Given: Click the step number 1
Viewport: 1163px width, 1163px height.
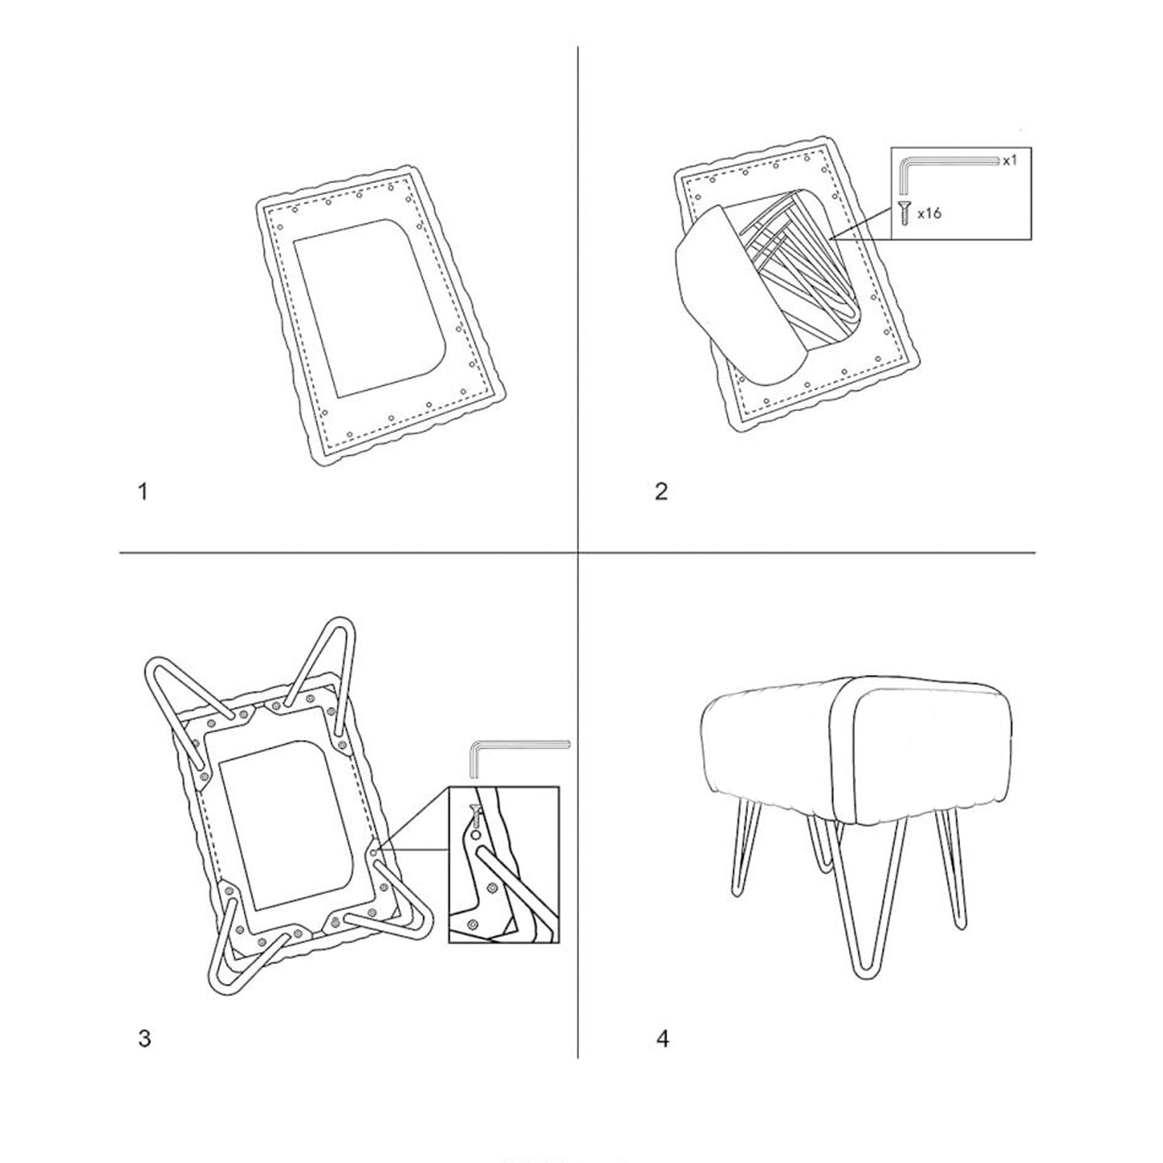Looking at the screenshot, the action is pos(142,492).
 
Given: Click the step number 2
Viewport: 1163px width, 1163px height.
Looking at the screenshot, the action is pos(661,492).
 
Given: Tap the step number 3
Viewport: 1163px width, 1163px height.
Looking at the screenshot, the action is pos(144,1038).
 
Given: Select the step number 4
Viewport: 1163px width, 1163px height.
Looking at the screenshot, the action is pos(662,1038).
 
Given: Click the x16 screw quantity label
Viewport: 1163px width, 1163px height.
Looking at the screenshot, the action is pos(929,212).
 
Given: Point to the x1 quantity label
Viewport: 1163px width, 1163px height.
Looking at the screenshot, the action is pos(1009,160).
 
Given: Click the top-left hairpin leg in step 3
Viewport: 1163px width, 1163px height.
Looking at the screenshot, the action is pos(182,690).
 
